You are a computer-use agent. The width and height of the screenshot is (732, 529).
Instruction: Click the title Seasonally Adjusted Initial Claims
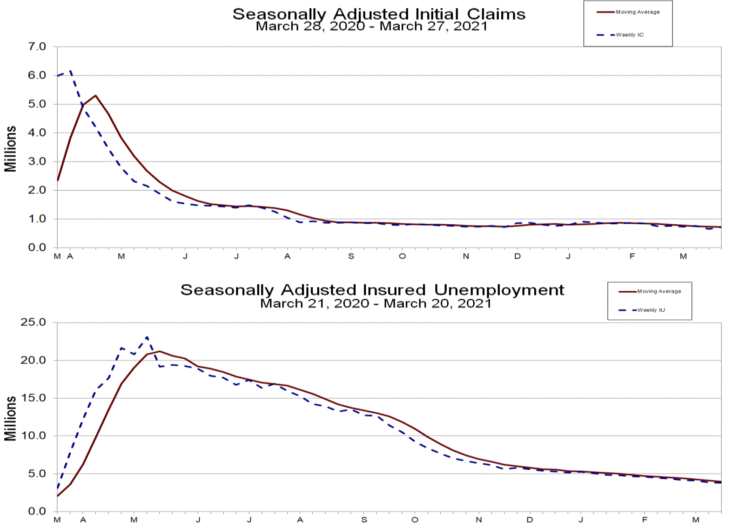click(379, 14)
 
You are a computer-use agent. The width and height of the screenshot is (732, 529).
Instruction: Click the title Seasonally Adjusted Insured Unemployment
click(372, 290)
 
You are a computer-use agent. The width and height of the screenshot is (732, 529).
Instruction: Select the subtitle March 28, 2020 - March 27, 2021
click(371, 26)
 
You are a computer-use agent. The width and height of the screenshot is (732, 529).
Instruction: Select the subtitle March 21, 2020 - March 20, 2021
click(376, 303)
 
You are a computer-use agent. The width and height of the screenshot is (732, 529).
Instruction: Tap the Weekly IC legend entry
click(630, 35)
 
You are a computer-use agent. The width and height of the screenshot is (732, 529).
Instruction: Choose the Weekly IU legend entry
click(651, 310)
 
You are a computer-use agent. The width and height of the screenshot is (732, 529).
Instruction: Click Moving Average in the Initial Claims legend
click(638, 12)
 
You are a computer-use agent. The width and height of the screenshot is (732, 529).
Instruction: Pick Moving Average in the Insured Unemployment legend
click(659, 291)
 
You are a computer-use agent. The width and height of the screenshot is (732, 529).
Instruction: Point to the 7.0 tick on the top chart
click(37, 47)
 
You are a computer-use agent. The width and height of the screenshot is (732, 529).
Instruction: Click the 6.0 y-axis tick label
click(37, 75)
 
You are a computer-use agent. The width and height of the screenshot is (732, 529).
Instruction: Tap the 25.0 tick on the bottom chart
click(33, 322)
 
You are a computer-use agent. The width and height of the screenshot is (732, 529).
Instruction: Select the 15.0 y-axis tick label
click(33, 398)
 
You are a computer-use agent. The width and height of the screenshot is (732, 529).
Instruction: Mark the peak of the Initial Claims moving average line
click(95, 95)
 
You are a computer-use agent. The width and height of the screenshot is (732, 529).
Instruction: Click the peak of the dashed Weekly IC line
click(70, 71)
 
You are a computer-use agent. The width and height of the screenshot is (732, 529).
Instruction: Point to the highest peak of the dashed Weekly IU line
click(147, 337)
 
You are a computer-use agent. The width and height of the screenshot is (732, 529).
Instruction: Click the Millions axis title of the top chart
click(10, 149)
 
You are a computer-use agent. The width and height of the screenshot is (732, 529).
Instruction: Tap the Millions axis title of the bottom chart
click(10, 418)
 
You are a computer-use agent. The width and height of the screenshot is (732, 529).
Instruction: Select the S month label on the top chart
click(351, 256)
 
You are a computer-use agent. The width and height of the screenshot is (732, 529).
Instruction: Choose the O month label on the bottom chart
click(415, 520)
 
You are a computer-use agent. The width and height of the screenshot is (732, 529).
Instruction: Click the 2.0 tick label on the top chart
click(37, 190)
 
